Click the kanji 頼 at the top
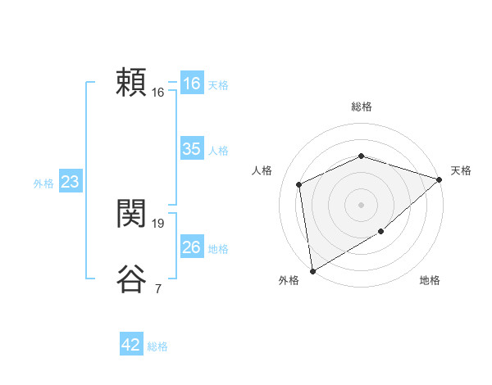[131, 84]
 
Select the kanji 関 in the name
[131, 215]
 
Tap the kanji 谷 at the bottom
[131, 279]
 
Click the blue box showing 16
[192, 84]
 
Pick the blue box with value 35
[192, 149]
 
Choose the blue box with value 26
[192, 247]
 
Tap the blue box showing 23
[70, 182]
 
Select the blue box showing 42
[131, 345]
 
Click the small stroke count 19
[158, 223]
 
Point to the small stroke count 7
[157, 288]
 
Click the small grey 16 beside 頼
[158, 93]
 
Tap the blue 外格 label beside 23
[43, 183]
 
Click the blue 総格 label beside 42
[157, 346]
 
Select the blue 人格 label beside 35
[218, 151]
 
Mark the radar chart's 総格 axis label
[362, 106]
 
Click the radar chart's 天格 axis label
[461, 170]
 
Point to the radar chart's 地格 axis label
[430, 280]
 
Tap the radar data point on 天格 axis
[440, 179]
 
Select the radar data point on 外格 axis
[312, 271]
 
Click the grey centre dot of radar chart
[361, 204]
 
